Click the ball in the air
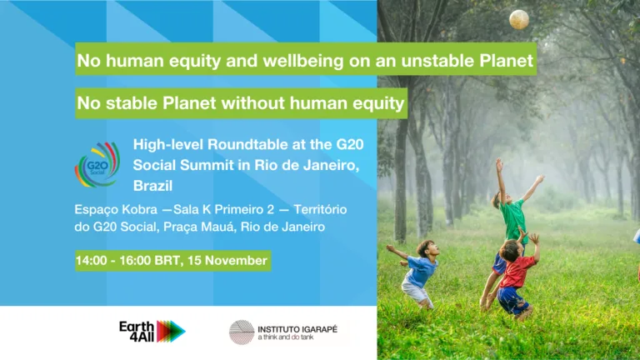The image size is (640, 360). tap(519, 19)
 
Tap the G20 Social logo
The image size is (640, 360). tap(97, 164)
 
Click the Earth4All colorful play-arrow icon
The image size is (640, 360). tap(171, 332)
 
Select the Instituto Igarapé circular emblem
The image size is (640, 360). tap(242, 332)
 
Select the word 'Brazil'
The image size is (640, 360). tap(152, 186)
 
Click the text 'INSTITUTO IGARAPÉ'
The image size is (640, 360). tap(297, 329)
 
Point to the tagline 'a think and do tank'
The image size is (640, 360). tap(286, 337)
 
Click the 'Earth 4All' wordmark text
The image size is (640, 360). tap(137, 332)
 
